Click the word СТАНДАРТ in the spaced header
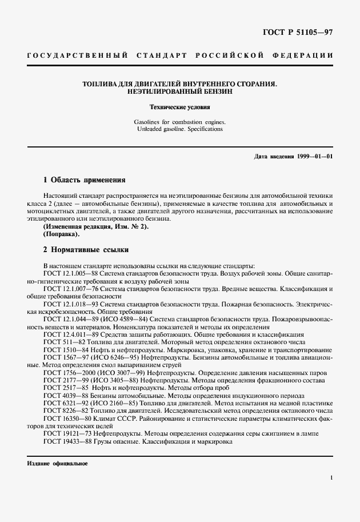point(162,55)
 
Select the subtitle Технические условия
point(179,107)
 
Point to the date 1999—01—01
point(314,156)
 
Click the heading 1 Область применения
point(84,180)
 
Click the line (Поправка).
point(62,234)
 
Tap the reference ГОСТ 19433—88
point(63,440)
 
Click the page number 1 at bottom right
point(331,477)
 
